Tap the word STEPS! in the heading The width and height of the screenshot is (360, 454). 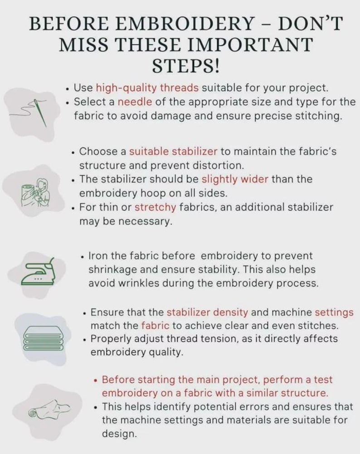coord(186,66)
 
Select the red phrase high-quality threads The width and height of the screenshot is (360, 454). coord(147,88)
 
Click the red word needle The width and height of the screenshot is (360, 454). coord(135,102)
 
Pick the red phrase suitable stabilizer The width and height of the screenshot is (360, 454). coord(173,151)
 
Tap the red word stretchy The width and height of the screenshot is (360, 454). coord(156,207)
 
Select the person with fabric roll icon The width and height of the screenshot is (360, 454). coord(35,193)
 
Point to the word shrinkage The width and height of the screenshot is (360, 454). coord(112,269)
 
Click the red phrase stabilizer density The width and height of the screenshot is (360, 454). coord(208,312)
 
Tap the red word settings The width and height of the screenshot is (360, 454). coord(334,312)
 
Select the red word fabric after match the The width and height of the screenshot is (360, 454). coord(155,326)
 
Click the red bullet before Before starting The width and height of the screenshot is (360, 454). coord(96,380)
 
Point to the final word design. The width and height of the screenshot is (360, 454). coord(119,434)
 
